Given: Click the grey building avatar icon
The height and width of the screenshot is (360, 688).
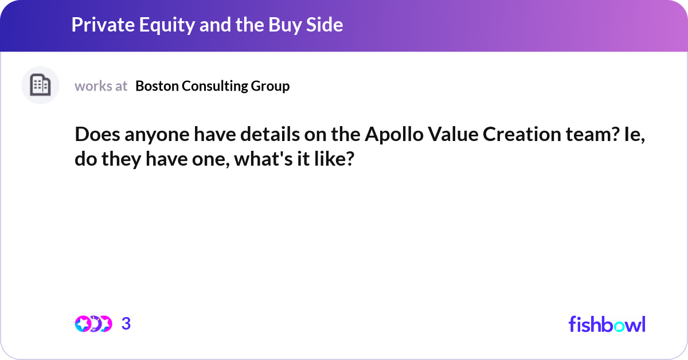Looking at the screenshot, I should [40, 85].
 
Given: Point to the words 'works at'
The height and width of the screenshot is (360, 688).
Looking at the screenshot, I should [101, 86].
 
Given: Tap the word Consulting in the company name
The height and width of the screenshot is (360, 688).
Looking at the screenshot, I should [214, 86].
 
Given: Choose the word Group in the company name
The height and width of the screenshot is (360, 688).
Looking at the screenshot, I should [270, 86].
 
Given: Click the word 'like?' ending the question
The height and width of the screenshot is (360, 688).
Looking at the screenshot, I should [333, 158].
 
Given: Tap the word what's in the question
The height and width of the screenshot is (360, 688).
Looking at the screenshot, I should [264, 158].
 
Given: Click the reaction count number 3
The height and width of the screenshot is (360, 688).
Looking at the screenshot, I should [126, 324].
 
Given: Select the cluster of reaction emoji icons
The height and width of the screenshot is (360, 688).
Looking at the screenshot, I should [93, 324].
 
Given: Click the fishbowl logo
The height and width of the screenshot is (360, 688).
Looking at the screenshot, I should [607, 324].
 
